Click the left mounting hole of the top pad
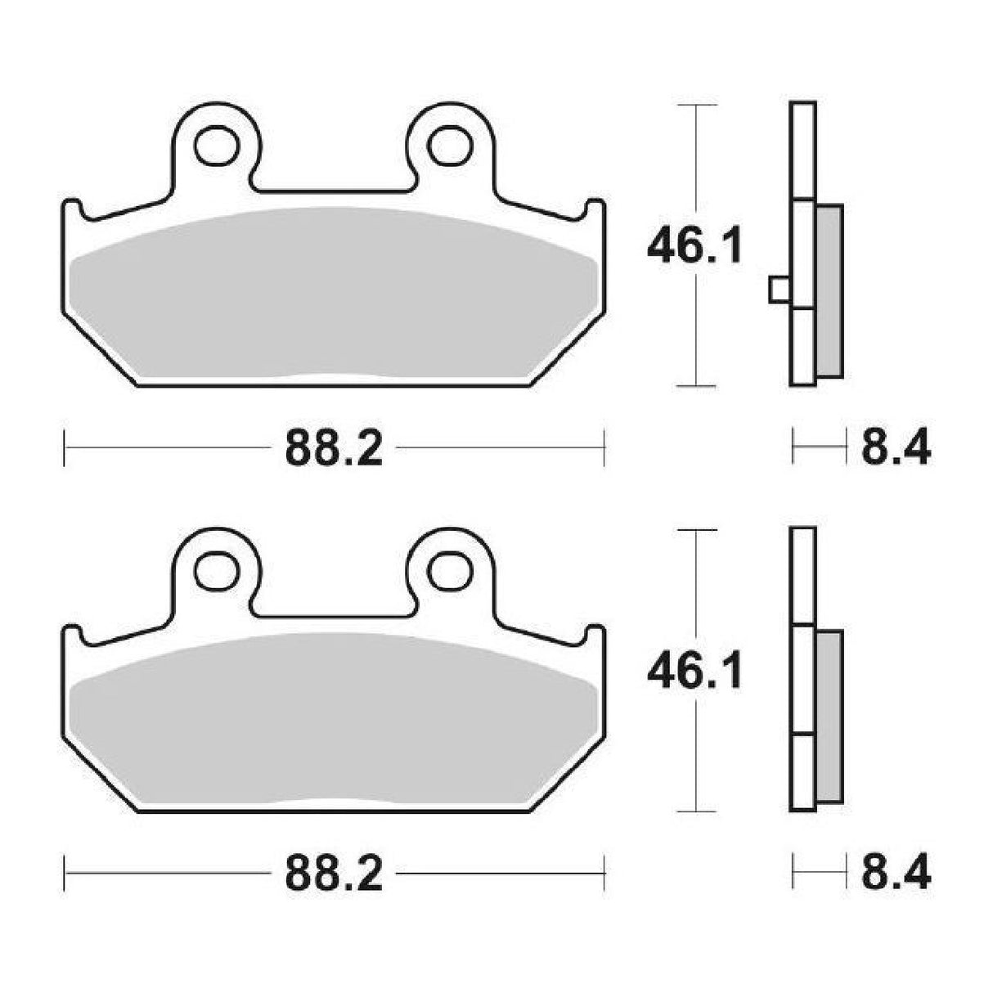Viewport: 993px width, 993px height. click(x=215, y=145)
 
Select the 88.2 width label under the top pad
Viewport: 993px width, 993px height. click(x=334, y=448)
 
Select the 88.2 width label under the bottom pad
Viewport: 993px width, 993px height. click(x=334, y=874)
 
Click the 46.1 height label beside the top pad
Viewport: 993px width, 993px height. click(x=694, y=246)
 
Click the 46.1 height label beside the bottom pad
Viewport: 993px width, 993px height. click(x=694, y=672)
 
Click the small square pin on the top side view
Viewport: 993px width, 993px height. click(x=780, y=290)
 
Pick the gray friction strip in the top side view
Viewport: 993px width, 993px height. click(x=829, y=290)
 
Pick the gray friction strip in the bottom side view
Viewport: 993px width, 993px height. click(x=829, y=717)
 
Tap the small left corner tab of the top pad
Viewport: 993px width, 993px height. click(x=73, y=208)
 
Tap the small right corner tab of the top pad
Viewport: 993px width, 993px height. click(x=595, y=208)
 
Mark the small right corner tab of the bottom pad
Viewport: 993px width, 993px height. click(x=595, y=634)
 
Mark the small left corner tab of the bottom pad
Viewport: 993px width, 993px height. click(x=73, y=634)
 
